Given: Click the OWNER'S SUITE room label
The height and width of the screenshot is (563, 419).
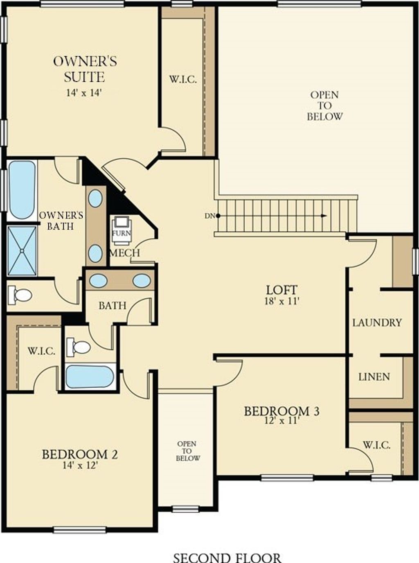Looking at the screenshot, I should pos(85,69).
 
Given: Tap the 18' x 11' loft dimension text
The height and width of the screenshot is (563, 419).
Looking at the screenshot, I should pos(282,302).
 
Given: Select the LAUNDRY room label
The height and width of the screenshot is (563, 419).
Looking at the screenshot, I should pos(377,323).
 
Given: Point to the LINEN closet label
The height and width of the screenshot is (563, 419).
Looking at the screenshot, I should pos(374,377).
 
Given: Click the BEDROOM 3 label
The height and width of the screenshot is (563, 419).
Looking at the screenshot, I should pos(282,411).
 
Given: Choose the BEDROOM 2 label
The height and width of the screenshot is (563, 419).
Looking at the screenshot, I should pos(80,454).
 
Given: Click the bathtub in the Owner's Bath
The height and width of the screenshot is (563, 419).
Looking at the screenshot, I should pos(22,190).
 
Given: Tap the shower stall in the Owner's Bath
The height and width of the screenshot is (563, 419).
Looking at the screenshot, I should pos(22,250).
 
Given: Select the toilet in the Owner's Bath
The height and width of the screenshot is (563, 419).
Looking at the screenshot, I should pos(20,295).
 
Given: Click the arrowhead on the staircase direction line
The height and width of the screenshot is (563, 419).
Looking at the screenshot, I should pos(324,216).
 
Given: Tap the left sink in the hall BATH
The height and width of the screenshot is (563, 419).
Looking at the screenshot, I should pos(99,281).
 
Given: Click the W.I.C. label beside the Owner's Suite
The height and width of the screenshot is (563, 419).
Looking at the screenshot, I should pos(183,79).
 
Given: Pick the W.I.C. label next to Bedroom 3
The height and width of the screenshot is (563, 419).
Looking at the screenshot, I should pos(376,445).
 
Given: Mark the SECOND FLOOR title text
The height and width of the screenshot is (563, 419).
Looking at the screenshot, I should pos(227,558).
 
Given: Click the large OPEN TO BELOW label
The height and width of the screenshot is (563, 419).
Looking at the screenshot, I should pos(325,106).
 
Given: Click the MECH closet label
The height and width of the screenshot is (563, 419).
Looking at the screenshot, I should pos(125,253).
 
